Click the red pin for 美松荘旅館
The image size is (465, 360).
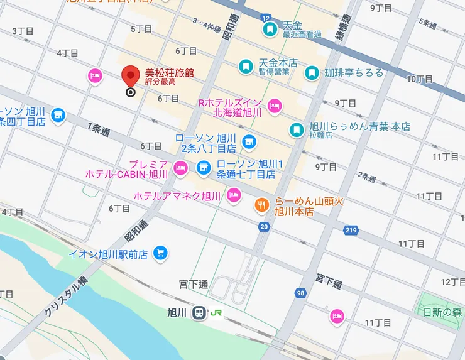(131, 77)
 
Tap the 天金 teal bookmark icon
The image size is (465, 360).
(270, 29)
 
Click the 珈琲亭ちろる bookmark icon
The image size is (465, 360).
(311, 73)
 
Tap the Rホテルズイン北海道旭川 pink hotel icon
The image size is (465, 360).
(274, 106)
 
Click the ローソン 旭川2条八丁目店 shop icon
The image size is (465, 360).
(249, 141)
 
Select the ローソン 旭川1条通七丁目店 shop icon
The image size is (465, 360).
(203, 167)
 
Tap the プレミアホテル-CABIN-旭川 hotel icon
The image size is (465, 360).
(181, 167)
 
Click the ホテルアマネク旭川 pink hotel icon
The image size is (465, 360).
(234, 195)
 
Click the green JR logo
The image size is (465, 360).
(217, 313)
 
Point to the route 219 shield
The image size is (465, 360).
(351, 231)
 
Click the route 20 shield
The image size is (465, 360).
(263, 226)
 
